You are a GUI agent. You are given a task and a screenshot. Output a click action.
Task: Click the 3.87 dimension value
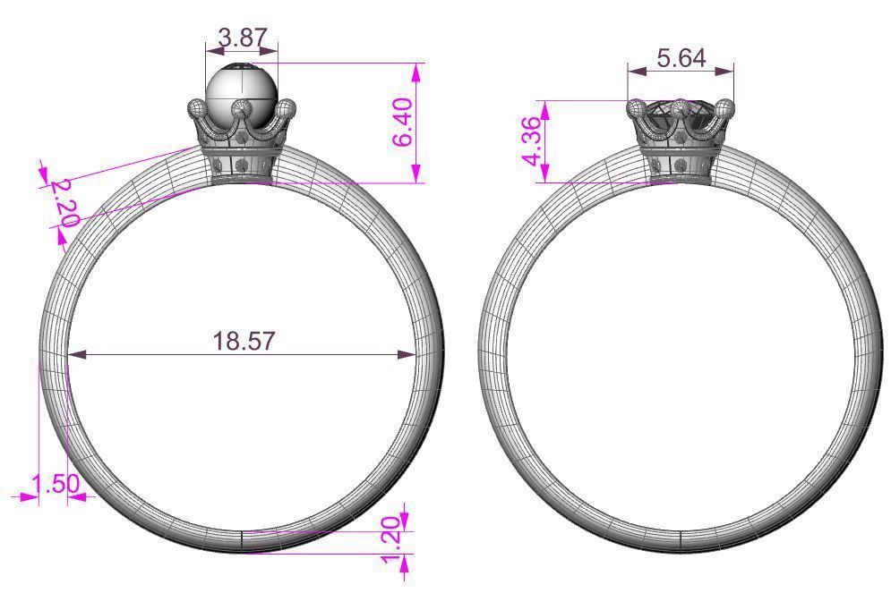241,38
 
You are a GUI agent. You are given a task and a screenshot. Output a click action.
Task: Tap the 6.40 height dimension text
404,123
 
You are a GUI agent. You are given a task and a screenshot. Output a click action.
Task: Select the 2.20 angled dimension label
65,202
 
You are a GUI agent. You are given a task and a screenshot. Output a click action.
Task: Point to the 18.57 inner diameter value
244,341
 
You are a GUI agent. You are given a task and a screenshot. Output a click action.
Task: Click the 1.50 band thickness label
56,485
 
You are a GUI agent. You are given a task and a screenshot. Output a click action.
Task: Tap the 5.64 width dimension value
681,58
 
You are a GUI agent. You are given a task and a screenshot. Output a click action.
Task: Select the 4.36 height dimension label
532,141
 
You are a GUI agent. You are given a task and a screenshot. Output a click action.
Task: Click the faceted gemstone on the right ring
681,114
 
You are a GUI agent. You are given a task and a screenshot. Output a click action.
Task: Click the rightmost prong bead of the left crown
286,109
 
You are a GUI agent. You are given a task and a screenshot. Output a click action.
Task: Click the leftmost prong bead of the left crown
196,107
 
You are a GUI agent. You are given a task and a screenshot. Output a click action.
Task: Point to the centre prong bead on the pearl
241,108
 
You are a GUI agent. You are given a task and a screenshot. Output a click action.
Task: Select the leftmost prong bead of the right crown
637,109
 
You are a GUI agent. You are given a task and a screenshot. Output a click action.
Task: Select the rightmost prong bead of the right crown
725,108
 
